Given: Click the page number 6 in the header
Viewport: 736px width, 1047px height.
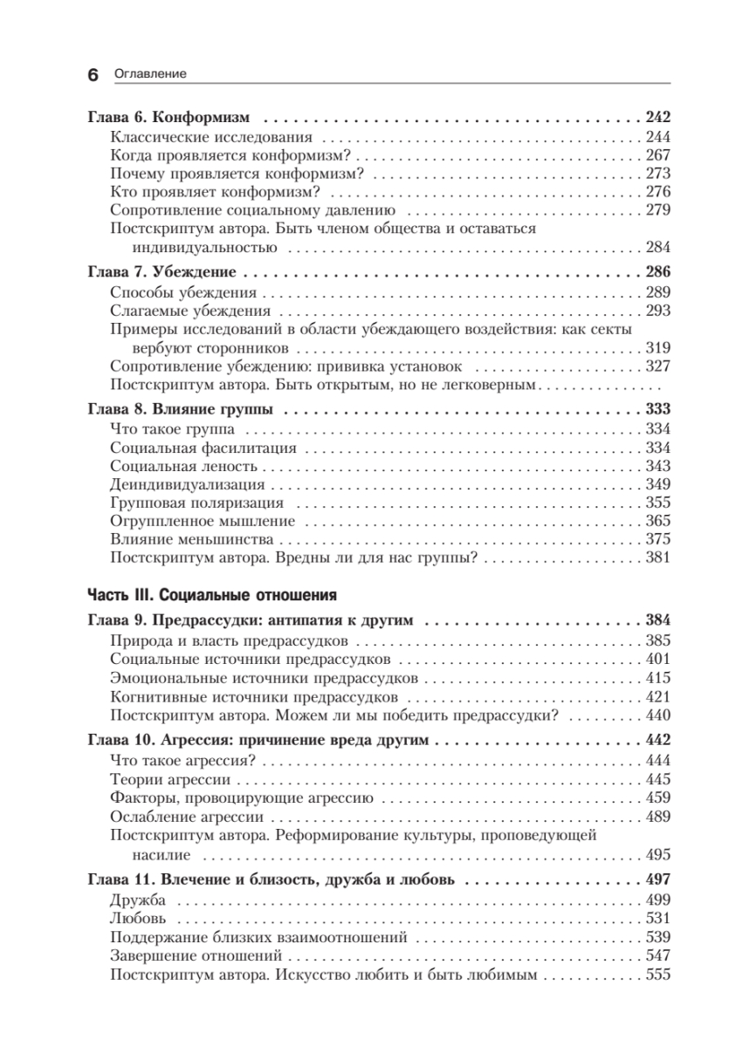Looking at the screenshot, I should click(93, 75).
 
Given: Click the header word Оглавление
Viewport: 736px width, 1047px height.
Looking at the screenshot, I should click(150, 75).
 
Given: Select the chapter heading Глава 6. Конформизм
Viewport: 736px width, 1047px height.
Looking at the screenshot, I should click(169, 116).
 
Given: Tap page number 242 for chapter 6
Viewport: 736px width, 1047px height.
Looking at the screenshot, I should click(657, 116).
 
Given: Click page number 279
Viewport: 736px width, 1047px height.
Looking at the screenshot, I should click(657, 209).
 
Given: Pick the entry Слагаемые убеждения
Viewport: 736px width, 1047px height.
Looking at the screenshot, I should click(191, 310).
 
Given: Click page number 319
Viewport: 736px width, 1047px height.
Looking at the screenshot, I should click(657, 347).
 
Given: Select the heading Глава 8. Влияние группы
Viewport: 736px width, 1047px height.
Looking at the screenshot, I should click(180, 409).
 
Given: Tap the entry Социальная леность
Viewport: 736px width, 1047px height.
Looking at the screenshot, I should click(182, 466).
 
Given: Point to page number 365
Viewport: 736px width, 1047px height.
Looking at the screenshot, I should click(657, 521).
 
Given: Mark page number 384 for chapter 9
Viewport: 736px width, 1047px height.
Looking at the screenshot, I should click(657, 622).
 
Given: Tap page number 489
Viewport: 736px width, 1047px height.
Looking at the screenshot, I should click(657, 817).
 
